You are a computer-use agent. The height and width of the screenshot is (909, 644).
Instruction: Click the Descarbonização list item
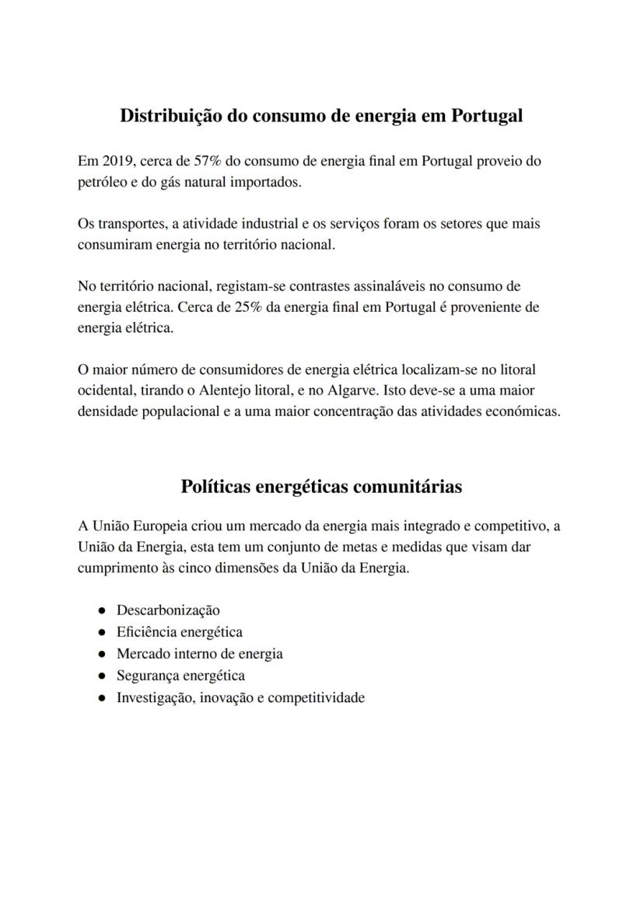coord(168,610)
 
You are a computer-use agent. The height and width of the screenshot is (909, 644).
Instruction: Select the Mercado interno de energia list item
coord(199,654)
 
